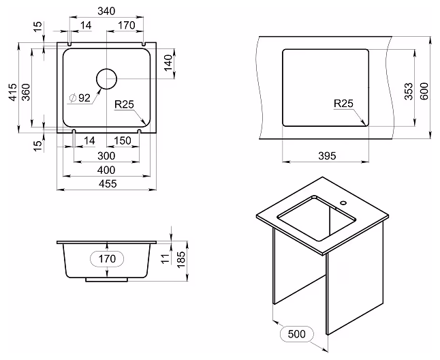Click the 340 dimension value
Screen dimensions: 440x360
click(x=106, y=11)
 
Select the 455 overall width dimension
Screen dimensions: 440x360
click(x=108, y=183)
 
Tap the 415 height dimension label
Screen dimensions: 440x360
click(x=13, y=92)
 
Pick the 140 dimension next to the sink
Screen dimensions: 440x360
click(x=168, y=63)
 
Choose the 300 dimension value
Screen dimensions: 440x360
click(x=106, y=155)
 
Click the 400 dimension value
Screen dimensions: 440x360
click(x=106, y=170)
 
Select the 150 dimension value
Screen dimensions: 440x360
click(x=123, y=140)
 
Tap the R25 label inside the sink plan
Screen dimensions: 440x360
click(x=125, y=104)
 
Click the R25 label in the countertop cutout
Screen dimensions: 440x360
click(x=343, y=104)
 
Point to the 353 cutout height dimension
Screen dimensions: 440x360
click(x=409, y=91)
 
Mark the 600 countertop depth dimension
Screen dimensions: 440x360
click(x=424, y=91)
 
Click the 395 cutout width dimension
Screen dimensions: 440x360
click(x=327, y=155)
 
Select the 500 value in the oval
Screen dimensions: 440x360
click(x=296, y=334)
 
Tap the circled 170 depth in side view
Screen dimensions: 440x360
click(x=107, y=258)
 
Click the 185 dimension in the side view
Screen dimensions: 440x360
click(x=181, y=259)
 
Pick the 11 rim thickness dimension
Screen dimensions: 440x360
click(x=166, y=258)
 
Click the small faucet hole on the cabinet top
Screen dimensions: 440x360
click(x=343, y=202)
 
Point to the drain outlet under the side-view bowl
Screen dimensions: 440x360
click(x=106, y=280)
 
